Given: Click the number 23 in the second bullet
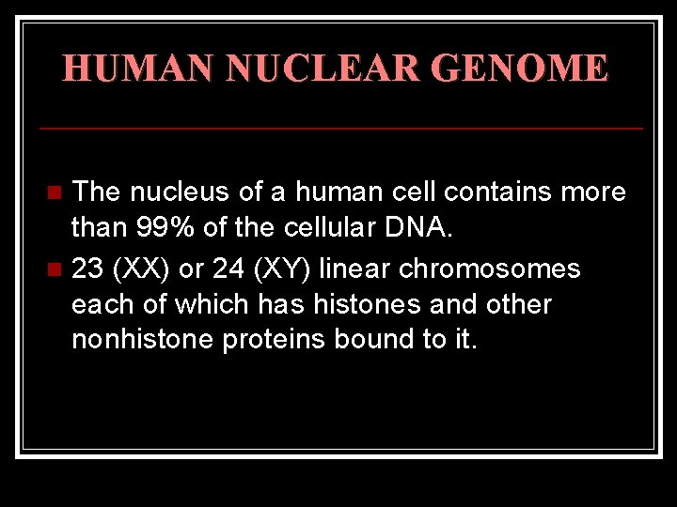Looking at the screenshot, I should [x=87, y=269].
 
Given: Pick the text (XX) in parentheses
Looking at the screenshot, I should [x=139, y=269].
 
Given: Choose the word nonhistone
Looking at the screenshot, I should [x=143, y=340].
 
